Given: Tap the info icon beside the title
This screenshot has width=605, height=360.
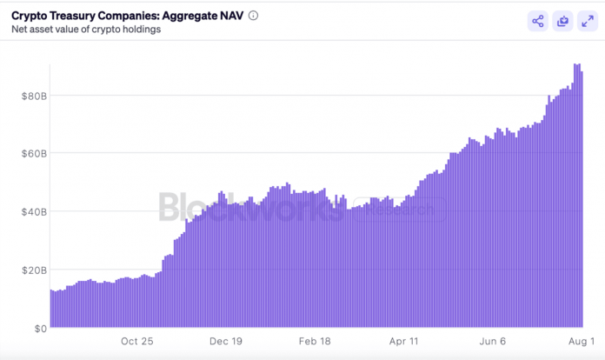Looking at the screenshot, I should (x=253, y=16).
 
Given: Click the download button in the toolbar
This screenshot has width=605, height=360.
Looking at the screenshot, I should (x=563, y=22).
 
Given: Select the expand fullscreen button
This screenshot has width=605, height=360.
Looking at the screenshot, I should (x=588, y=22).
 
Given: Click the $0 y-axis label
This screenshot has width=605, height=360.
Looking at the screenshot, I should (x=38, y=328).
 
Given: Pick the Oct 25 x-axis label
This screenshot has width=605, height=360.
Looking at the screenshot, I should (x=137, y=342).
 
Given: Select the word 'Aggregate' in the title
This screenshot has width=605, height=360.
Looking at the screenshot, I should (x=191, y=15).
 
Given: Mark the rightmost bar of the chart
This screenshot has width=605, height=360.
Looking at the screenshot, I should (x=581, y=200).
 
